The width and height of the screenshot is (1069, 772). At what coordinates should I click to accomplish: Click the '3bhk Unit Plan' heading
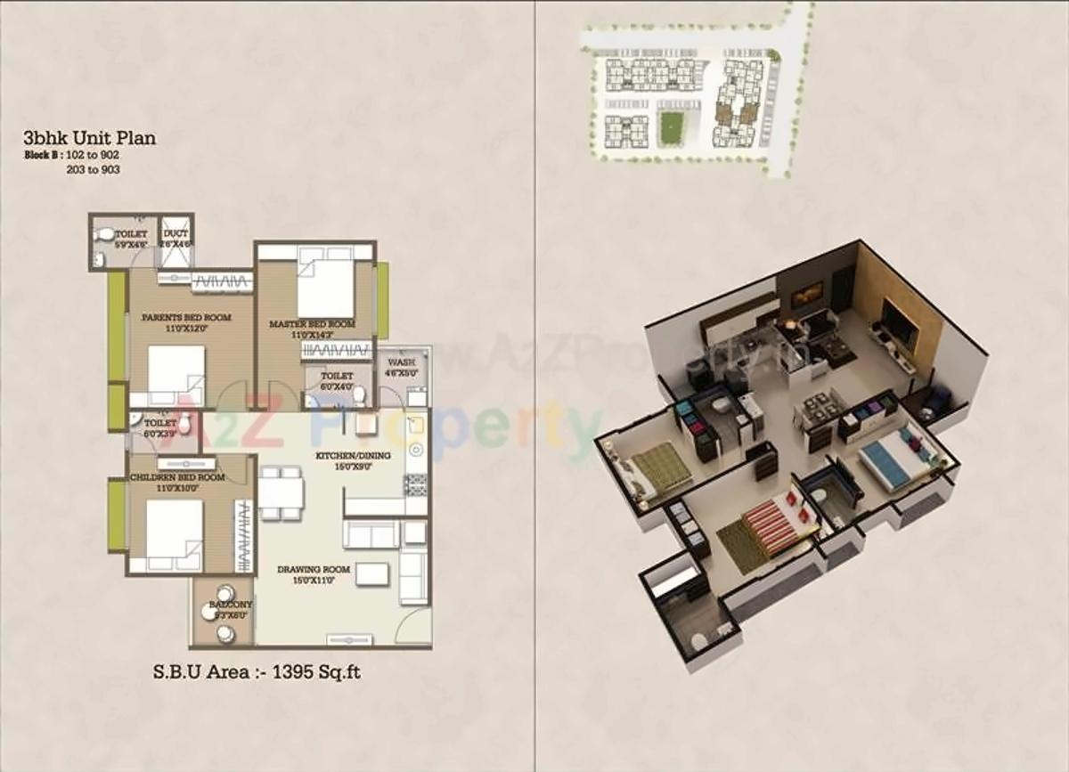coord(90,138)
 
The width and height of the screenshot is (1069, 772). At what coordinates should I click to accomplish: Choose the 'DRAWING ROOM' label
coord(312,569)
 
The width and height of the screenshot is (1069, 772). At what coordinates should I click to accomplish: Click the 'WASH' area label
coord(403,363)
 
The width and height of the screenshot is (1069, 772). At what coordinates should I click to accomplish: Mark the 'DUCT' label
coord(175,234)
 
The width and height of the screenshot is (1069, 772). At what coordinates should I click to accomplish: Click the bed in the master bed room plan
coord(324,282)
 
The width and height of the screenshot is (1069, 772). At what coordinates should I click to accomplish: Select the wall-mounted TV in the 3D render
coord(899,322)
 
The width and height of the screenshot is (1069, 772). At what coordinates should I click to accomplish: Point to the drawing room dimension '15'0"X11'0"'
coord(312,581)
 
